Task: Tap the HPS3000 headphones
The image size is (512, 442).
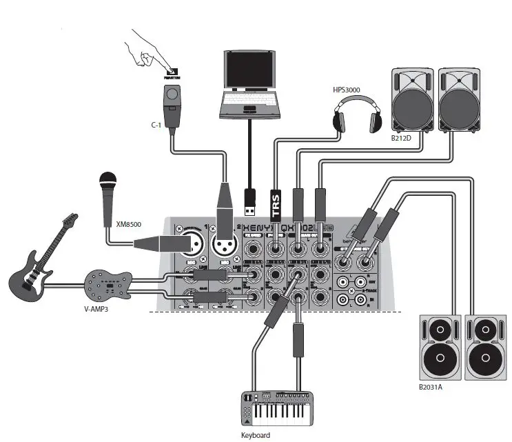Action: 357,114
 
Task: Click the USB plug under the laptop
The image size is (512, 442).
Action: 252,199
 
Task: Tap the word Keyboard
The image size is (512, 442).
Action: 255,435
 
